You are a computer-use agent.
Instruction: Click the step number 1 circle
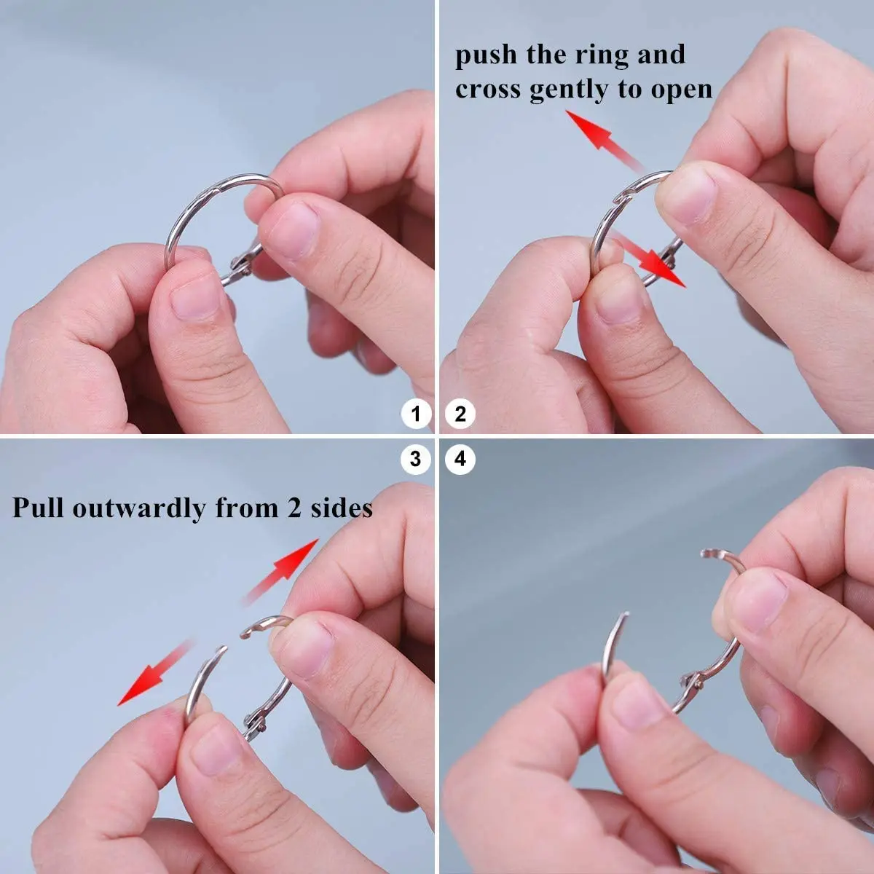point(416,414)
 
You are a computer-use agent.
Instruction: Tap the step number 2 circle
point(460,414)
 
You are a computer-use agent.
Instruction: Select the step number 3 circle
point(416,460)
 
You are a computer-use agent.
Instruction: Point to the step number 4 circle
point(460,460)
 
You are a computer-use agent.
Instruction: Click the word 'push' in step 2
point(486,56)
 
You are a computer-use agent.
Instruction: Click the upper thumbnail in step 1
point(291,229)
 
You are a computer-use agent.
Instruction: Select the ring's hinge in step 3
point(256,721)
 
